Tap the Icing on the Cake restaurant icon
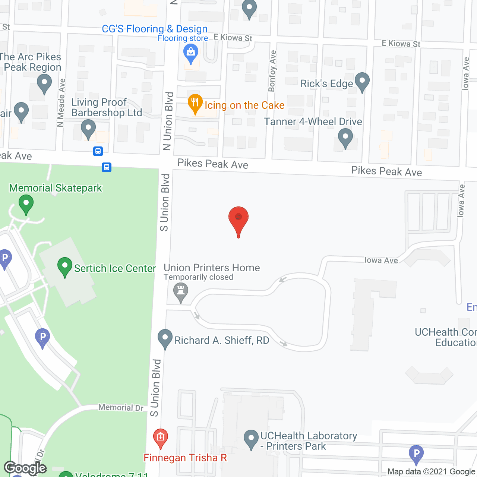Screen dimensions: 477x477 click(195, 104)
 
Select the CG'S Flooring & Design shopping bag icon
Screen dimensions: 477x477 click(191, 54)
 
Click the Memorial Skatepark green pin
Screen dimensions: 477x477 click(26, 204)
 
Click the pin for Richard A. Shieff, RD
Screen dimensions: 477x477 click(165, 339)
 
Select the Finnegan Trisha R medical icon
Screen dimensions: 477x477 click(161, 438)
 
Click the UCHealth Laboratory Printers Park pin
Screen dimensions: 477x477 click(251, 439)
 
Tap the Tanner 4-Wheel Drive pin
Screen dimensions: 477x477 click(345, 138)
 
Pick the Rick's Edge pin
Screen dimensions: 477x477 click(362, 82)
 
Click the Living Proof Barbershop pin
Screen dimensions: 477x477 click(88, 129)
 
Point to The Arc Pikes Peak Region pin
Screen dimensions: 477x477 click(44, 83)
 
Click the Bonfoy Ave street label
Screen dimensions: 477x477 click(272, 71)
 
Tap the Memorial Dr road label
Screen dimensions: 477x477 click(121, 408)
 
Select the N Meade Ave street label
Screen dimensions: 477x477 click(61, 103)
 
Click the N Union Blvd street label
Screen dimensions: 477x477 click(168, 121)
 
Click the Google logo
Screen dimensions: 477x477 click(25, 468)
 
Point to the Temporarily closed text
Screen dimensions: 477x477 click(198, 277)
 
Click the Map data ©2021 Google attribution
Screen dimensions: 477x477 click(431, 472)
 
